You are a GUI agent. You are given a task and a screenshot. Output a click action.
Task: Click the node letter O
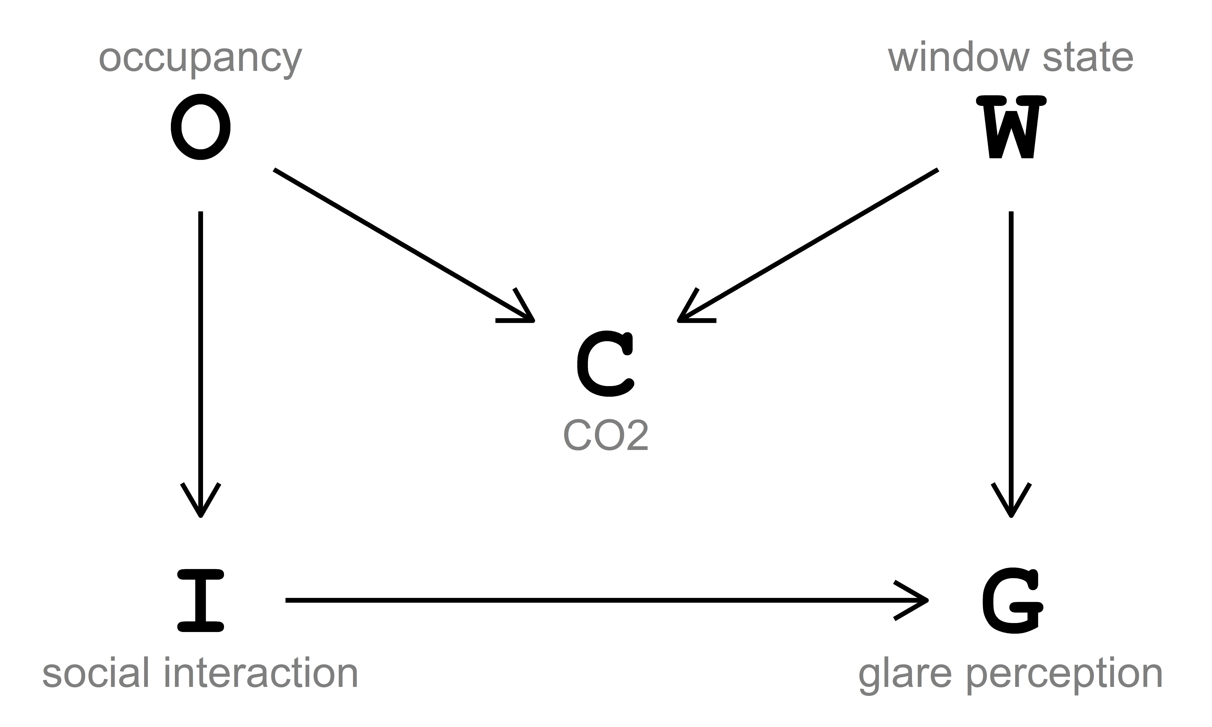(x=200, y=127)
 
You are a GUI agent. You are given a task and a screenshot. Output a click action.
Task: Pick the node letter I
(x=200, y=601)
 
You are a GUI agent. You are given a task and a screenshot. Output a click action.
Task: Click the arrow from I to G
(x=603, y=600)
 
